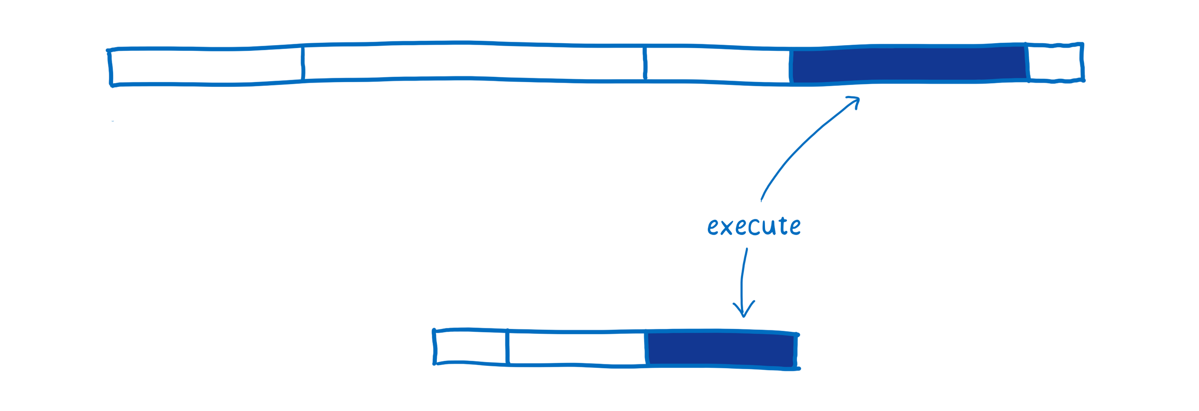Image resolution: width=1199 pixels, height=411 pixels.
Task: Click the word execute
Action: (x=754, y=226)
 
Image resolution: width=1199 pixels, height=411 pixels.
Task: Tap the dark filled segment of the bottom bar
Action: (x=720, y=350)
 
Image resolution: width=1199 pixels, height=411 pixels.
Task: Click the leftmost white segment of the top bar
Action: (x=206, y=66)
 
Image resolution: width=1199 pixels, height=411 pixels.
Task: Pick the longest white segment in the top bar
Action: (x=473, y=61)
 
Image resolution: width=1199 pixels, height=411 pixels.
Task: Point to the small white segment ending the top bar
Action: (x=1054, y=62)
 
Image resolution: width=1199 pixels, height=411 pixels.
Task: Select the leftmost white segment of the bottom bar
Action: (x=470, y=347)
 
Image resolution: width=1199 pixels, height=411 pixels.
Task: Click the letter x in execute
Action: (x=726, y=228)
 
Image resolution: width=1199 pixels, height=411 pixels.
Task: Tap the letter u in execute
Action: (x=769, y=227)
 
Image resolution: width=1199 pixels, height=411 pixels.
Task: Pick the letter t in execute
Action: (x=783, y=226)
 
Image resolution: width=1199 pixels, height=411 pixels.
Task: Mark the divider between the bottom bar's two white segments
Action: (x=507, y=347)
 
